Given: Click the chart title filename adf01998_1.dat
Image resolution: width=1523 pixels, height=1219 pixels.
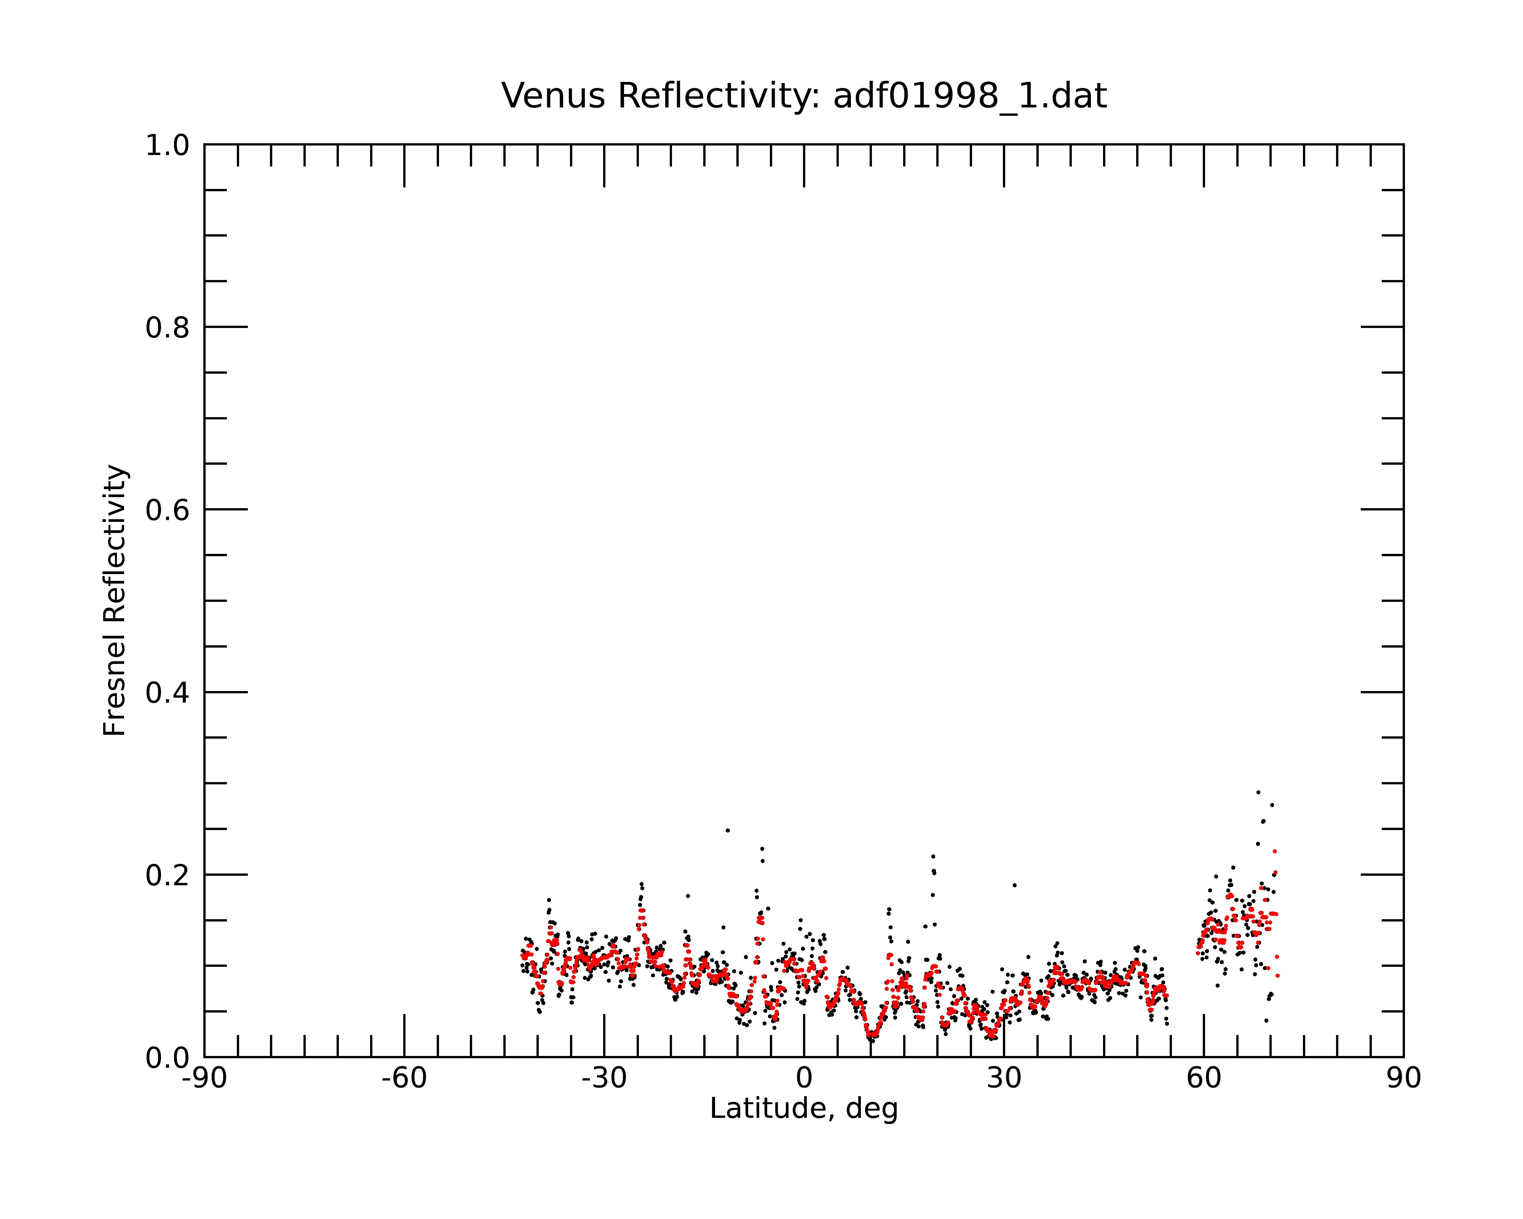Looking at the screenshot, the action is pos(970,96).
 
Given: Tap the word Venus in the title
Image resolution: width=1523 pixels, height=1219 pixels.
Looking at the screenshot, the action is pos(553,96).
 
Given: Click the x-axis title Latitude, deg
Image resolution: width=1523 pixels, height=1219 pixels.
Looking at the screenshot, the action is pos(804,1108).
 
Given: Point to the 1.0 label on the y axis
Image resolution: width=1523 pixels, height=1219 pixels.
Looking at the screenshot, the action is pos(168,146).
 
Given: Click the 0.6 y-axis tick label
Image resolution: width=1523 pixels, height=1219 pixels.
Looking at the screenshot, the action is pos(168,510).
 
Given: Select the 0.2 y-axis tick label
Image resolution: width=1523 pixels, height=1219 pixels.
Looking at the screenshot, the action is pos(168,875).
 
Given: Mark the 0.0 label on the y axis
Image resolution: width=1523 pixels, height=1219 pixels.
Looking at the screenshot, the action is pos(168,1058).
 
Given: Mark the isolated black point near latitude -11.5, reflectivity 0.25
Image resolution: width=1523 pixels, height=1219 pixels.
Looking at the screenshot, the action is pos(728,830).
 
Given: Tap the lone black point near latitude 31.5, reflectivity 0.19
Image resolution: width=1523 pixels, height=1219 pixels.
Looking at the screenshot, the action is pos(1014,885).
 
